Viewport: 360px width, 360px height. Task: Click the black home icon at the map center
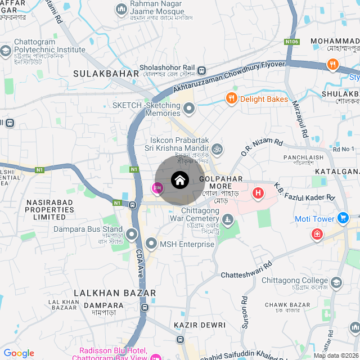tap(180, 180)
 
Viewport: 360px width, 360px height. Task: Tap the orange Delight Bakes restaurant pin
tap(231, 99)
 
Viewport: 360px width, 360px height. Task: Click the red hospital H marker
tap(258, 193)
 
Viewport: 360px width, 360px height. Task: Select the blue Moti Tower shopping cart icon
tap(343, 218)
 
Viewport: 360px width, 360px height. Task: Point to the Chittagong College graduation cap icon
tap(336, 281)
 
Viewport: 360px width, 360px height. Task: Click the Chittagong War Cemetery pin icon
tap(227, 219)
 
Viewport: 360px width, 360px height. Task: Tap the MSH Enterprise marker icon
tap(151, 244)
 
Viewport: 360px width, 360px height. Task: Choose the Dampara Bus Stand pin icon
tap(132, 233)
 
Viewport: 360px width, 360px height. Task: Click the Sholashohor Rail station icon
tap(201, 70)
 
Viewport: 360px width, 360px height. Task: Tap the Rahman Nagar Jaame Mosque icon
tap(121, 9)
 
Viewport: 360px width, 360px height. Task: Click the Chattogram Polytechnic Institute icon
tap(5, 51)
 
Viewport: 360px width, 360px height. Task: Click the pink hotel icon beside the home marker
tap(157, 188)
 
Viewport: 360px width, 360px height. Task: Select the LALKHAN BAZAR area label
tap(115, 293)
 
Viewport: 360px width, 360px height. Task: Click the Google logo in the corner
tap(19, 353)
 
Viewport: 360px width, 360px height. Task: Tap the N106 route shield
tap(292, 41)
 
